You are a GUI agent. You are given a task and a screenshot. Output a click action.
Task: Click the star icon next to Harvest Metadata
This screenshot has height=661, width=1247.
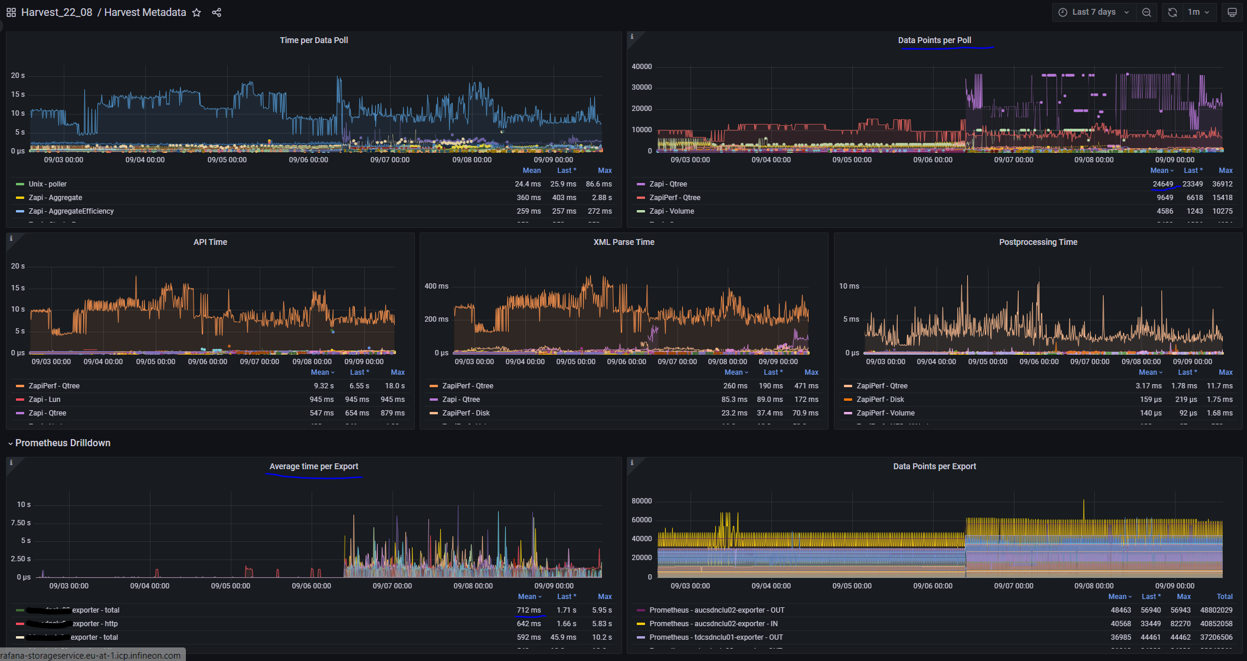click(197, 12)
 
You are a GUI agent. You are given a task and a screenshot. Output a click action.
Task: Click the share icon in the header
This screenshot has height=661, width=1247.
click(217, 12)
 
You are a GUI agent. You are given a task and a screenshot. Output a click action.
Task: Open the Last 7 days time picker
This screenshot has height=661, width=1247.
click(1094, 12)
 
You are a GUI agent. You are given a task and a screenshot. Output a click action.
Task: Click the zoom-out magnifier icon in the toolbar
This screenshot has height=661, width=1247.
click(1146, 12)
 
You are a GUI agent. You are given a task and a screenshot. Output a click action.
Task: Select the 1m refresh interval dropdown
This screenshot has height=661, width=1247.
click(1198, 12)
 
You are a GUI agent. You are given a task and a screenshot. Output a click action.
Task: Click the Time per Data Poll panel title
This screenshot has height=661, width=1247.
click(314, 40)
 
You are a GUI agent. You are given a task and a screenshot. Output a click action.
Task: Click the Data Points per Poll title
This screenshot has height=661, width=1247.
click(934, 40)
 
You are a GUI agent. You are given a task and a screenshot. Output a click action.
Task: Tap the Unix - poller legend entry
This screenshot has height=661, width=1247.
click(48, 184)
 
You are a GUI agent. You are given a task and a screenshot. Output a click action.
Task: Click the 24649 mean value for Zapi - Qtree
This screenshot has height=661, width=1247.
click(1163, 184)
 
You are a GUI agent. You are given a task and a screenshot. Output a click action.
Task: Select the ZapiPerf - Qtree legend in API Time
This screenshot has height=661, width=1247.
click(54, 386)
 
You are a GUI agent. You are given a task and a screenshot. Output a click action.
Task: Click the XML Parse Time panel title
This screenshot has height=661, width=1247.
click(624, 242)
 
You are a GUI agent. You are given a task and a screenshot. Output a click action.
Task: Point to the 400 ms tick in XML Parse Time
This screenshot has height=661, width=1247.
click(436, 286)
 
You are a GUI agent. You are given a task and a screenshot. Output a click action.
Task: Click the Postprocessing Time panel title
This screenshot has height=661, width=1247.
click(1038, 242)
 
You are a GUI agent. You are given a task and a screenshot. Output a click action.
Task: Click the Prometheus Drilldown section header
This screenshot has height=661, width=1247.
click(63, 443)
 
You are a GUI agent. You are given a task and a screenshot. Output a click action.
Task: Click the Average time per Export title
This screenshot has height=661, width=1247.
click(314, 466)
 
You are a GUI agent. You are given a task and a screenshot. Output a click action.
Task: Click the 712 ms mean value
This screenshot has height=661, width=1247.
click(529, 610)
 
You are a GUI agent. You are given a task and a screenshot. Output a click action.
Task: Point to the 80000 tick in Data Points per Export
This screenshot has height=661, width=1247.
click(641, 501)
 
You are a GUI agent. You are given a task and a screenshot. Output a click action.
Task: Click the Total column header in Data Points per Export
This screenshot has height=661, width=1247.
click(1225, 597)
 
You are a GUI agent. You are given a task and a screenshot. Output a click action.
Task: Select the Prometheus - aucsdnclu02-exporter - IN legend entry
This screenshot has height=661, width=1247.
click(713, 624)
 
